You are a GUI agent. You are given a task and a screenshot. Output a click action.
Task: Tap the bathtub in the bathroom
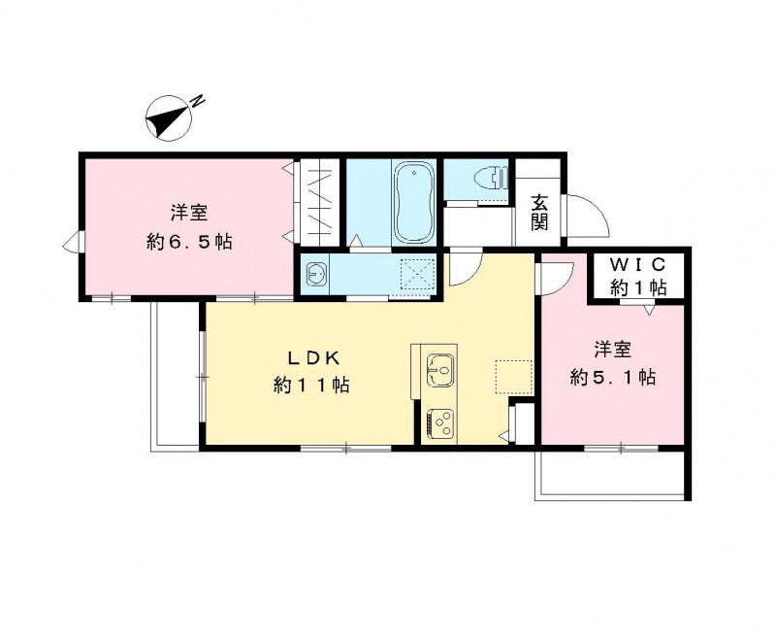coord(413,205)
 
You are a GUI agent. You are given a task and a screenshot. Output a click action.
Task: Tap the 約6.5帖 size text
coord(189,243)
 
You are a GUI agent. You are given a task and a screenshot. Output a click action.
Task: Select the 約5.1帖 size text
coord(612,378)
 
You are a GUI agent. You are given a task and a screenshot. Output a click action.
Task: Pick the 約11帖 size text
coord(309,386)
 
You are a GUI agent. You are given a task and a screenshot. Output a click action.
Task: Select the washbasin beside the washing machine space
coord(317,275)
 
